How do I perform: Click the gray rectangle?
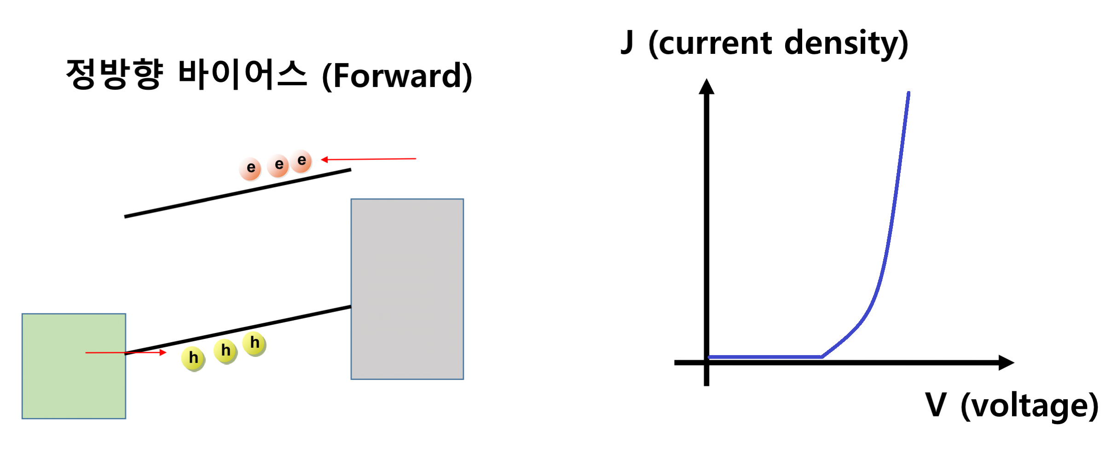[x=407, y=289]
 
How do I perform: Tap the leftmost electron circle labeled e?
[x=250, y=168]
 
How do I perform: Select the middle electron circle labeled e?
[x=278, y=165]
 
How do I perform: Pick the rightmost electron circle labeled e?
[x=301, y=161]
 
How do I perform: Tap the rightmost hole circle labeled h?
[x=255, y=343]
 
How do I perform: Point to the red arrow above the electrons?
[x=368, y=159]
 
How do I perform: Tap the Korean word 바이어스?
[x=242, y=74]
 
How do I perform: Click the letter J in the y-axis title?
[x=627, y=42]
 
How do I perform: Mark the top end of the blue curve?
[x=908, y=94]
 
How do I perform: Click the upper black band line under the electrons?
[x=237, y=193]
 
